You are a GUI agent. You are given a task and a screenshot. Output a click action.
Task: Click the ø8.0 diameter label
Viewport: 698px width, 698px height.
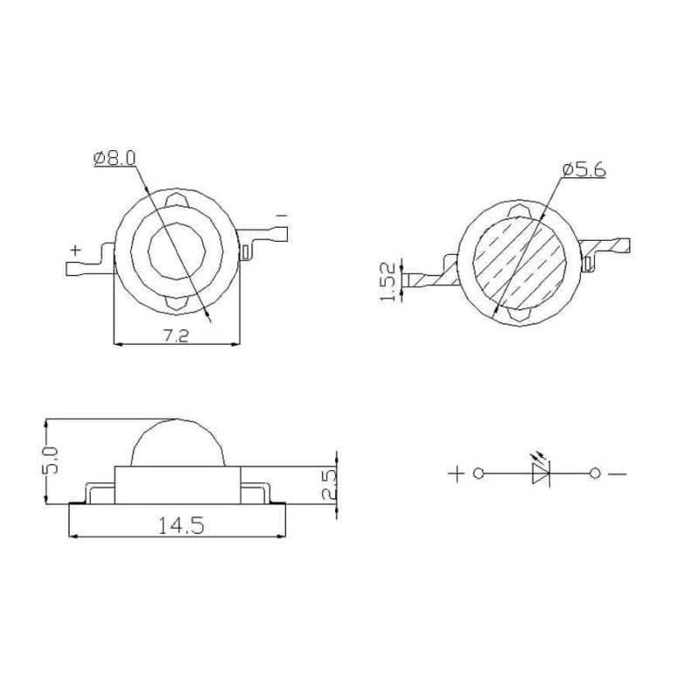pos(114,159)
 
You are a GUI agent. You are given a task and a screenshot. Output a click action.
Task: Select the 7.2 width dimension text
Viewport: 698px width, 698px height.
pos(177,333)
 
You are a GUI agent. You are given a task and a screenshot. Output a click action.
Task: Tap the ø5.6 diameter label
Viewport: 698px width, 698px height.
pos(584,170)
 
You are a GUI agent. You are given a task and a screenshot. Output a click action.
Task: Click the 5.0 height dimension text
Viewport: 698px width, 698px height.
pos(51,460)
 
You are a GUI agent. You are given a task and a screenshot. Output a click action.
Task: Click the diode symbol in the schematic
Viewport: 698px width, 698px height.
pos(540,474)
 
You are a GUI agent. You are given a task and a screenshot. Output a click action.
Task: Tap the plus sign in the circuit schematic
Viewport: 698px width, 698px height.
pos(455,474)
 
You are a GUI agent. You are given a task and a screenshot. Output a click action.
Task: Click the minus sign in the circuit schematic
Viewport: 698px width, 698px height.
pos(618,474)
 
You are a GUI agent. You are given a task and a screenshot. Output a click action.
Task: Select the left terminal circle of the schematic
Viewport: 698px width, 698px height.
pos(478,474)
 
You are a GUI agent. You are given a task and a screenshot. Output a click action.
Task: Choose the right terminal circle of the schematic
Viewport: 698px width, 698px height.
pos(595,474)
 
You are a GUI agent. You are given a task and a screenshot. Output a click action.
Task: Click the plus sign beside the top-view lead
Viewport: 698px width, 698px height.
pos(76,250)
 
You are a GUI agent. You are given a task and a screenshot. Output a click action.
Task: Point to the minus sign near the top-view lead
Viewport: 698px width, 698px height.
pos(281,214)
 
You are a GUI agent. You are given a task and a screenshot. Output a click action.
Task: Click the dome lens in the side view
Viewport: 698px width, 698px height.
pos(177,445)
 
